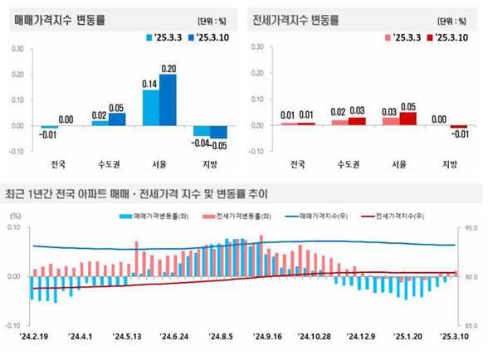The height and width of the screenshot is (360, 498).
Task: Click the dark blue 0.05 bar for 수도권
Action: tap(117, 119)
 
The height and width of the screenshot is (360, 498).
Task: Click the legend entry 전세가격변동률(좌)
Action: tap(244, 215)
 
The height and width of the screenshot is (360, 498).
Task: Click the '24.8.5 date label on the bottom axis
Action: tap(222, 338)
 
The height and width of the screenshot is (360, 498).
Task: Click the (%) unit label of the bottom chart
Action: tap(14, 216)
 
